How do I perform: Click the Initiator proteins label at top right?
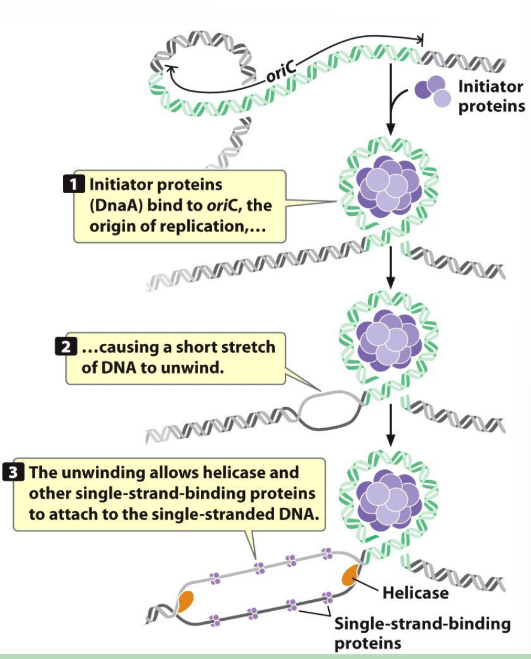pyautogui.click(x=490, y=96)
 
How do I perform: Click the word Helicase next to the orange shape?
pyautogui.click(x=415, y=593)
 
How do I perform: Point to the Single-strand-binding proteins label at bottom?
pyautogui.click(x=421, y=633)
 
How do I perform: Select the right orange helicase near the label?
pyautogui.click(x=349, y=575)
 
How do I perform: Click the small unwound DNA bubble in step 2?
pyautogui.click(x=329, y=411)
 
